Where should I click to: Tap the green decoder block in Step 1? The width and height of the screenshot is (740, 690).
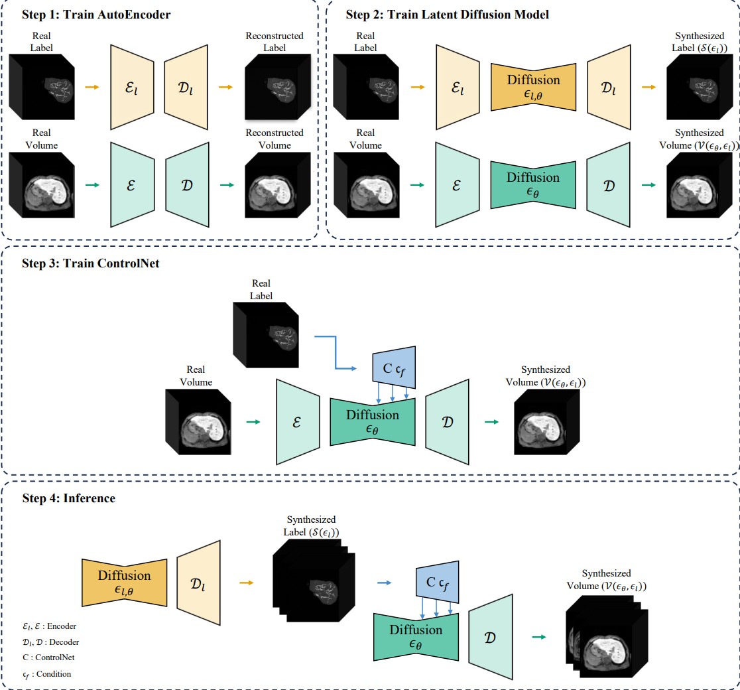(187, 184)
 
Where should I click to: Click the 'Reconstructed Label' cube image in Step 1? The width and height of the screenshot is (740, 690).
(274, 87)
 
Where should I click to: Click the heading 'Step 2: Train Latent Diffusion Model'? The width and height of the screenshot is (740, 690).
(447, 15)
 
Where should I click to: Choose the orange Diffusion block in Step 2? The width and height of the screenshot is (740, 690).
(533, 86)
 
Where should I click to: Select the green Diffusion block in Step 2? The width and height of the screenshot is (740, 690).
(533, 184)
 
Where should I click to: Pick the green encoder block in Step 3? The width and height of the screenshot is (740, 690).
(298, 422)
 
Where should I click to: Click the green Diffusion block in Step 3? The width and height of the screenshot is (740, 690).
(373, 422)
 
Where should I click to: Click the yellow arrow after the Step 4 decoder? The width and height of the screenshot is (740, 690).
(246, 583)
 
